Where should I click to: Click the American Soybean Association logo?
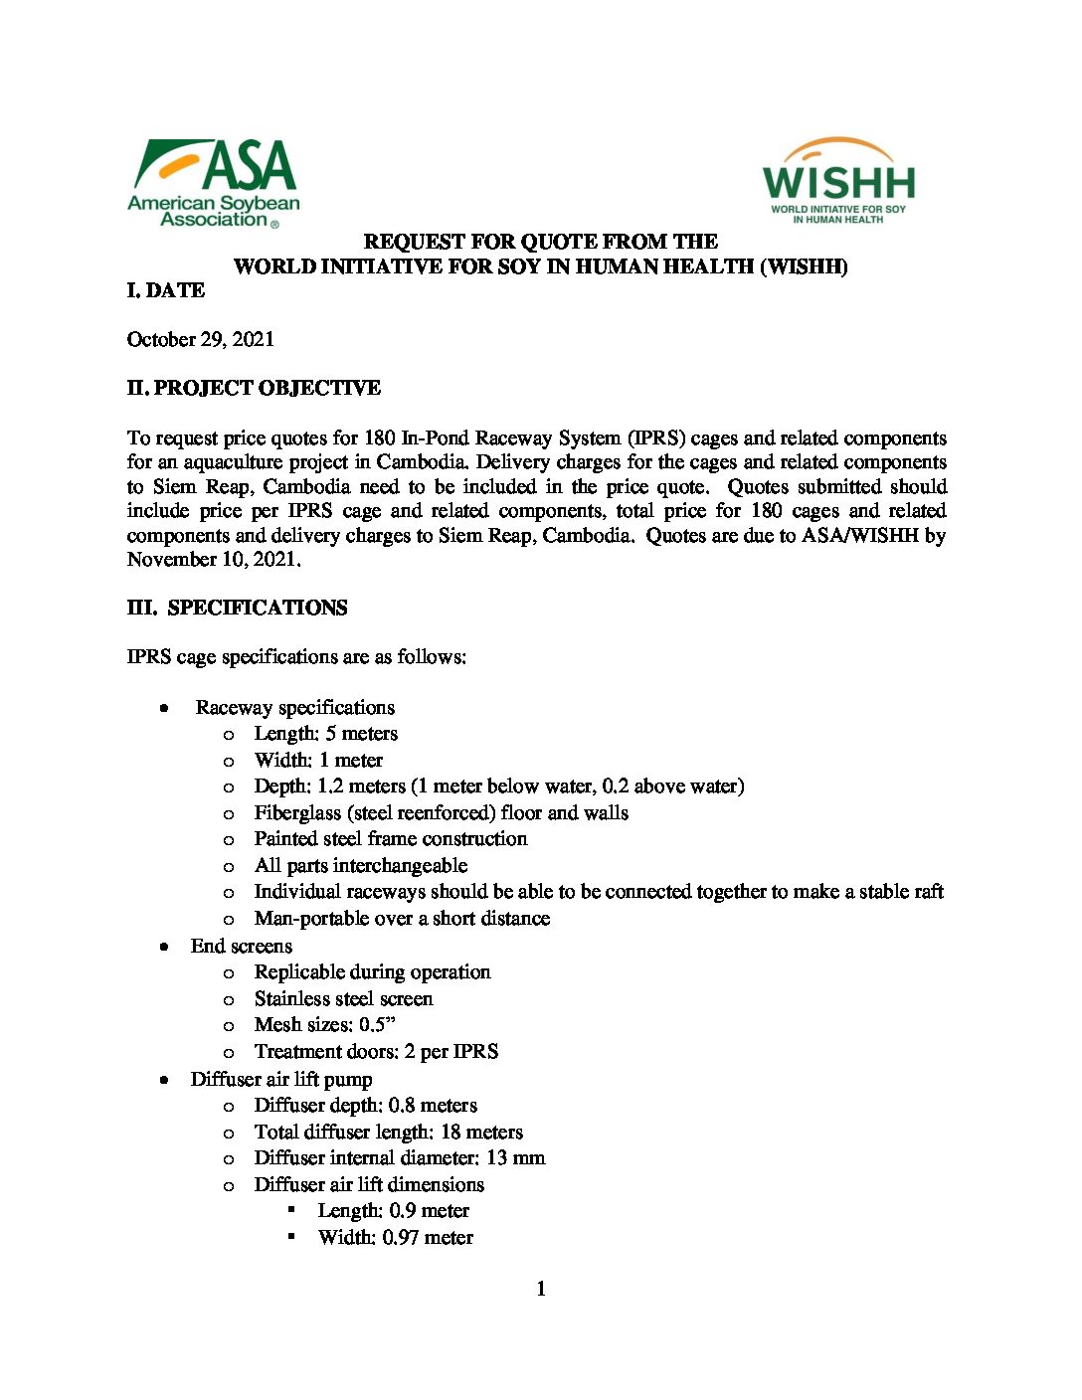tap(214, 183)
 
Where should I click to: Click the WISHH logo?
tap(838, 181)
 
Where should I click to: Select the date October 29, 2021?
tap(201, 339)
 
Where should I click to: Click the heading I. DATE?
tap(166, 290)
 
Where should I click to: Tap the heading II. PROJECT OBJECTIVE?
tap(254, 388)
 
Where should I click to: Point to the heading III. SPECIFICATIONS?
tap(238, 608)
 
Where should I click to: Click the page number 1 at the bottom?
tap(541, 1289)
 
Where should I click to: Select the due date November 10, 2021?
tap(213, 559)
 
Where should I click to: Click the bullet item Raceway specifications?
tap(295, 707)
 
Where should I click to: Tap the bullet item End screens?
tap(242, 946)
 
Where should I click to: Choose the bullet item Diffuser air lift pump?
tap(281, 1079)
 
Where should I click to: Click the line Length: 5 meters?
tap(326, 734)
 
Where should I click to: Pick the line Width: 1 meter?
tap(318, 760)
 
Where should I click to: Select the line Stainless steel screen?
tap(344, 998)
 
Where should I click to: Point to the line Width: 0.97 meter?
tap(396, 1237)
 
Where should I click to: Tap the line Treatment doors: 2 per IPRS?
tap(377, 1051)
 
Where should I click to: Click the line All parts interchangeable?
tap(361, 865)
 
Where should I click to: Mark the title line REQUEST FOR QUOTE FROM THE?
tap(541, 242)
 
